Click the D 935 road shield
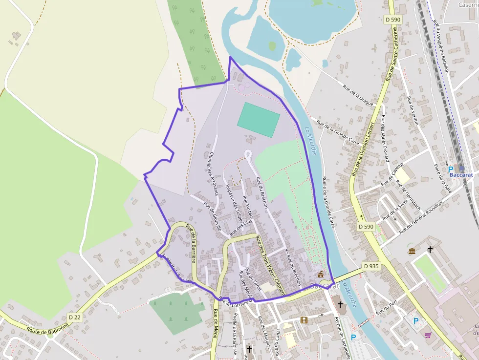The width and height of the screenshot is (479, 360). click(x=371, y=266)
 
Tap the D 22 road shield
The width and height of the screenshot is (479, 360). click(x=75, y=317)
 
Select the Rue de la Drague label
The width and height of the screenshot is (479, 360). click(x=358, y=95)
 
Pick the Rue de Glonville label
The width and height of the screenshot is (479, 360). click(x=212, y=216)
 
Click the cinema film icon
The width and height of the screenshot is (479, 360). click(x=304, y=320)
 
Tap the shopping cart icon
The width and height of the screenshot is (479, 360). click(x=428, y=335)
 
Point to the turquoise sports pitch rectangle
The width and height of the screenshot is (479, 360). click(x=259, y=120)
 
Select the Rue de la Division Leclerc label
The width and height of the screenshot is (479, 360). click(x=362, y=148)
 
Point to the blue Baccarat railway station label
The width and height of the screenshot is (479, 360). click(x=461, y=174)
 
